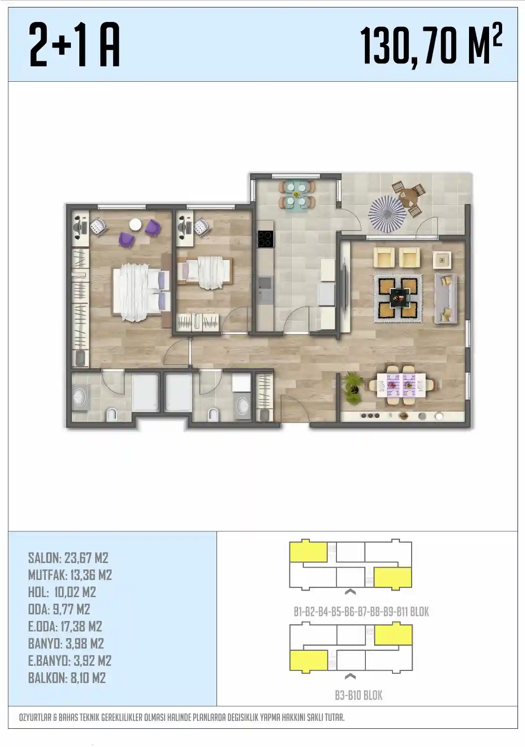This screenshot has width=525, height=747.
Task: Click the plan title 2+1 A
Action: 74,46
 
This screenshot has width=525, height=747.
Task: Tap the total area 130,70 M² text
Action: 431,46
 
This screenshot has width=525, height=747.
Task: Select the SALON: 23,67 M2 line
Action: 68,558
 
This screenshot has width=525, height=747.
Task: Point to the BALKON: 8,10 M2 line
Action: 67,678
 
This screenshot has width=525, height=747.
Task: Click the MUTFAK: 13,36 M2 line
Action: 70,575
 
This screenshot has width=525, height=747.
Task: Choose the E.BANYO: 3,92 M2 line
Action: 70,661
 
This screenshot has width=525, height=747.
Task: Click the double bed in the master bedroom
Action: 142,292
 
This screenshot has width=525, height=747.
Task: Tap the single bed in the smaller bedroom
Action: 204,273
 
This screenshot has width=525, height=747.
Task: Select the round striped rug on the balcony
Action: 387,214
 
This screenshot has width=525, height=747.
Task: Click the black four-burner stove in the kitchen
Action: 266,239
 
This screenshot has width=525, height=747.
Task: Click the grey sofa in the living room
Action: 445,298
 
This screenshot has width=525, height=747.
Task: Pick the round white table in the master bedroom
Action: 135,225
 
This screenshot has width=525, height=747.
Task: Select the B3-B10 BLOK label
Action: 359,695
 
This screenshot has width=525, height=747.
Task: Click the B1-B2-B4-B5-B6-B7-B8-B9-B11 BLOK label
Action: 361,612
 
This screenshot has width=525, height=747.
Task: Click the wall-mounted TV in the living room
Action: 344,287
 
